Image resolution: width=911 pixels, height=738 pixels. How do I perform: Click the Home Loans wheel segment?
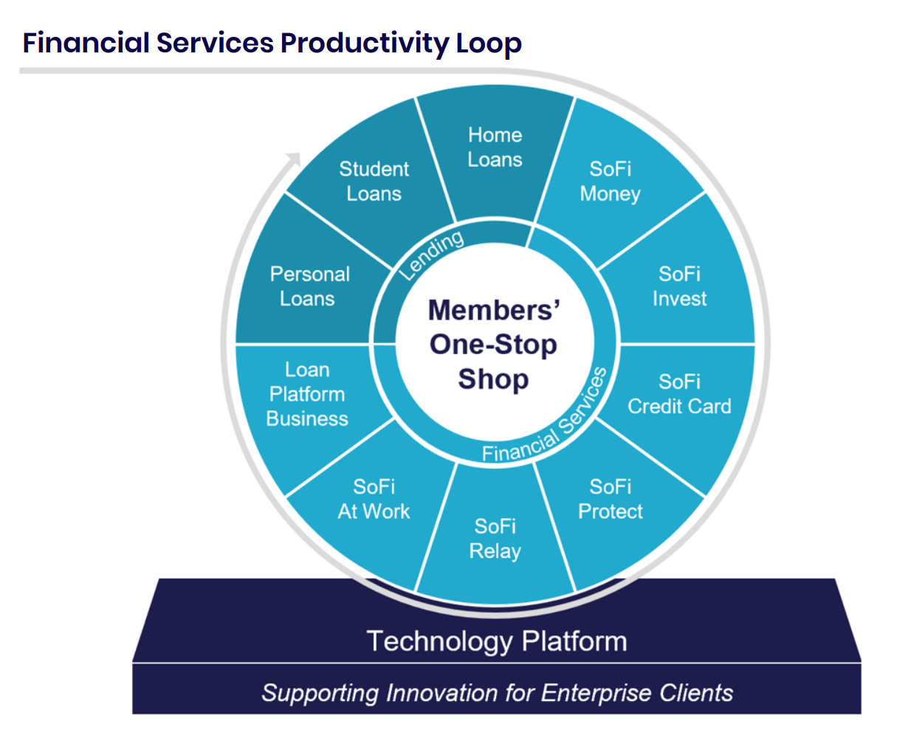pos(495,148)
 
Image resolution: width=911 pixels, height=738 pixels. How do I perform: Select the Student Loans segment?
pos(374,182)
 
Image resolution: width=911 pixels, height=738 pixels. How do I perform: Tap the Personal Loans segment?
pos(309,286)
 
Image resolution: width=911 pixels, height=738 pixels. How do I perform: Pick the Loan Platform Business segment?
pos(307,394)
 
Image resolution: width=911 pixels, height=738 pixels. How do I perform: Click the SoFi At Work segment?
pos(374,500)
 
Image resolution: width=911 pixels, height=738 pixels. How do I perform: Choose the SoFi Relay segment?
pos(495,539)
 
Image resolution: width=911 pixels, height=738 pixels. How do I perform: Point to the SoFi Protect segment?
pos(611,500)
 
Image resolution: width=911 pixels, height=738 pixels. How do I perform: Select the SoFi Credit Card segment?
pos(679,394)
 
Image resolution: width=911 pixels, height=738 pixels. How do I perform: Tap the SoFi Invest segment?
pos(679,286)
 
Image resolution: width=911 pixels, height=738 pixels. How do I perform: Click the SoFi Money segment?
pos(611,182)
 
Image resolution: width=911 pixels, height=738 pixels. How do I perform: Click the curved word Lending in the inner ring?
pos(432,255)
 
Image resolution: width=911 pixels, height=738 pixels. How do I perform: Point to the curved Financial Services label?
pos(546,421)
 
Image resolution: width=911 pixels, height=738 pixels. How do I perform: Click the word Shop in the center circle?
pos(493,379)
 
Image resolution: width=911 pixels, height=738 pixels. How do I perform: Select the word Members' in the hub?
pos(494,311)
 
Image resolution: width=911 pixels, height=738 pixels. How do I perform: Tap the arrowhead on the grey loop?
pos(293,159)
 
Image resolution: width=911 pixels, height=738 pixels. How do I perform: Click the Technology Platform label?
pos(497,641)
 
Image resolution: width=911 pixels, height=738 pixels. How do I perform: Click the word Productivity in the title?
pos(364,44)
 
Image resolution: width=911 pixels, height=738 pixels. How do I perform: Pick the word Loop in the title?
pos(489,44)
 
